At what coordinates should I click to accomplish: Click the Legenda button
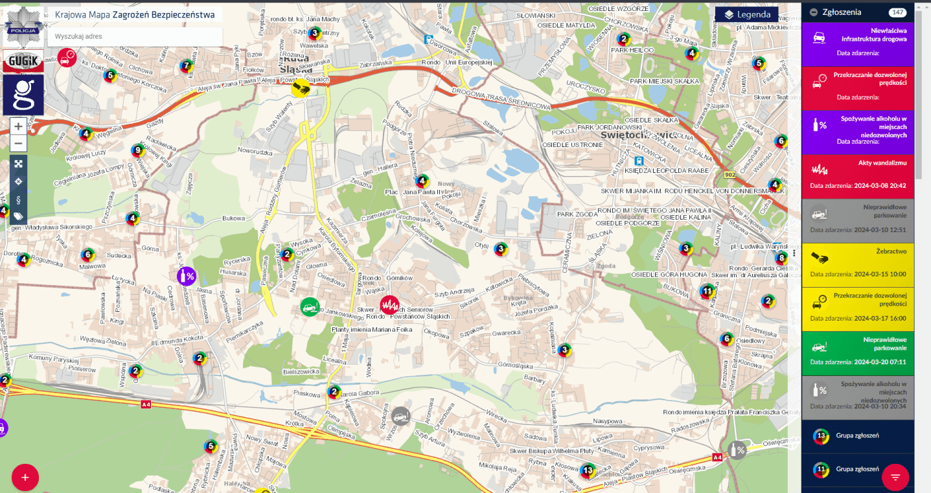click(x=746, y=14)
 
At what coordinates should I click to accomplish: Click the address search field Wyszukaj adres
click(x=135, y=36)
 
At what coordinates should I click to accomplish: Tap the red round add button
click(x=25, y=477)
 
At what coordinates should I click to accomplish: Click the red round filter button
click(x=895, y=477)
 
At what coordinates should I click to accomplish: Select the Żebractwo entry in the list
click(x=857, y=266)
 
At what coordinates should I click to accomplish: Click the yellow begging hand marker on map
click(x=301, y=87)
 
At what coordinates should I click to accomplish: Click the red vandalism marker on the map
click(x=389, y=304)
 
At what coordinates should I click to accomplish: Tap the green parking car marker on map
click(x=310, y=306)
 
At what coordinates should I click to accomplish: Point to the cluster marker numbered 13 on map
click(x=588, y=470)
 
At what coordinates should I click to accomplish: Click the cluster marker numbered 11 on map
click(x=707, y=292)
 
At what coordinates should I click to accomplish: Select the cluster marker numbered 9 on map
click(x=137, y=150)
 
